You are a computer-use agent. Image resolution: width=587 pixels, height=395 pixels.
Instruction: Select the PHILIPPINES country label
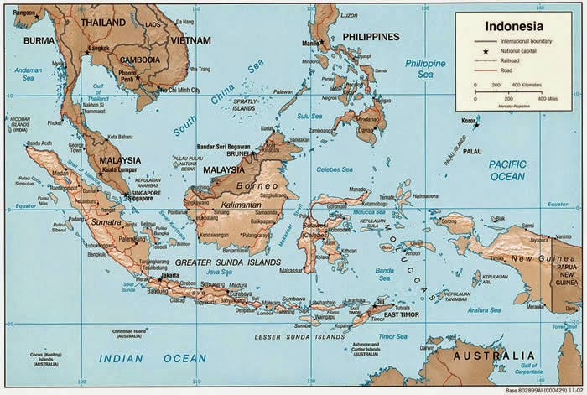[x=371, y=37]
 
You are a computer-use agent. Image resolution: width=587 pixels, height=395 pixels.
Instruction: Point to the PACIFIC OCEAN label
[x=506, y=170]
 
